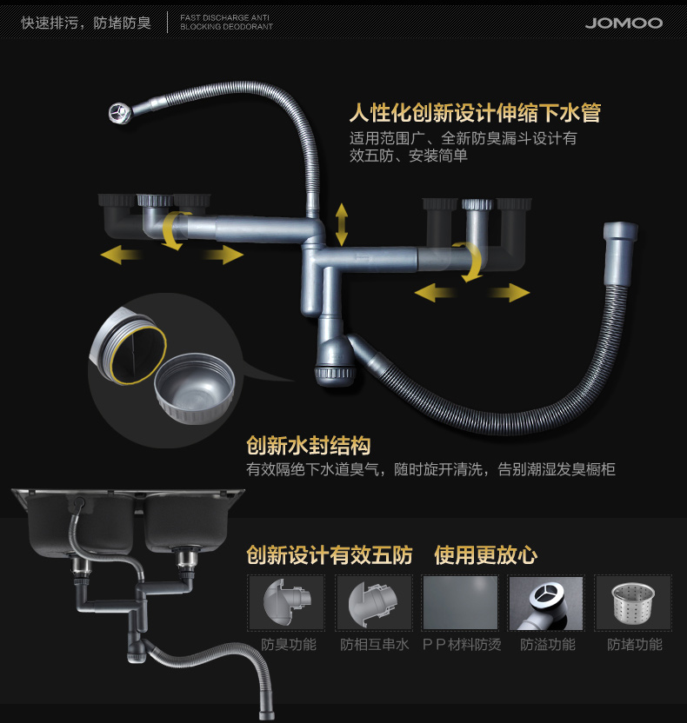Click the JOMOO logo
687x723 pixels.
623,23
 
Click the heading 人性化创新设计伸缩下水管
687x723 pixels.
475,113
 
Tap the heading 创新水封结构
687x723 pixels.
308,447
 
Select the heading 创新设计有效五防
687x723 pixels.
329,554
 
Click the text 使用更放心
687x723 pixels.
485,554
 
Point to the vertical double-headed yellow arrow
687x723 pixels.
342,224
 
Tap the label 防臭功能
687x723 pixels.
288,645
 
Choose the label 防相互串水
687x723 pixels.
374,645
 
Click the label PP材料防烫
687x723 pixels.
460,645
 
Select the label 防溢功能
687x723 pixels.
547,645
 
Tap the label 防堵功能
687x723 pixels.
634,645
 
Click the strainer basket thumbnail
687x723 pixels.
632,602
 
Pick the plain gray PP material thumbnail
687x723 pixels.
459,602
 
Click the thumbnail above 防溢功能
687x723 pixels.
546,602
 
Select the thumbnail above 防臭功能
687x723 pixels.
286,602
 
